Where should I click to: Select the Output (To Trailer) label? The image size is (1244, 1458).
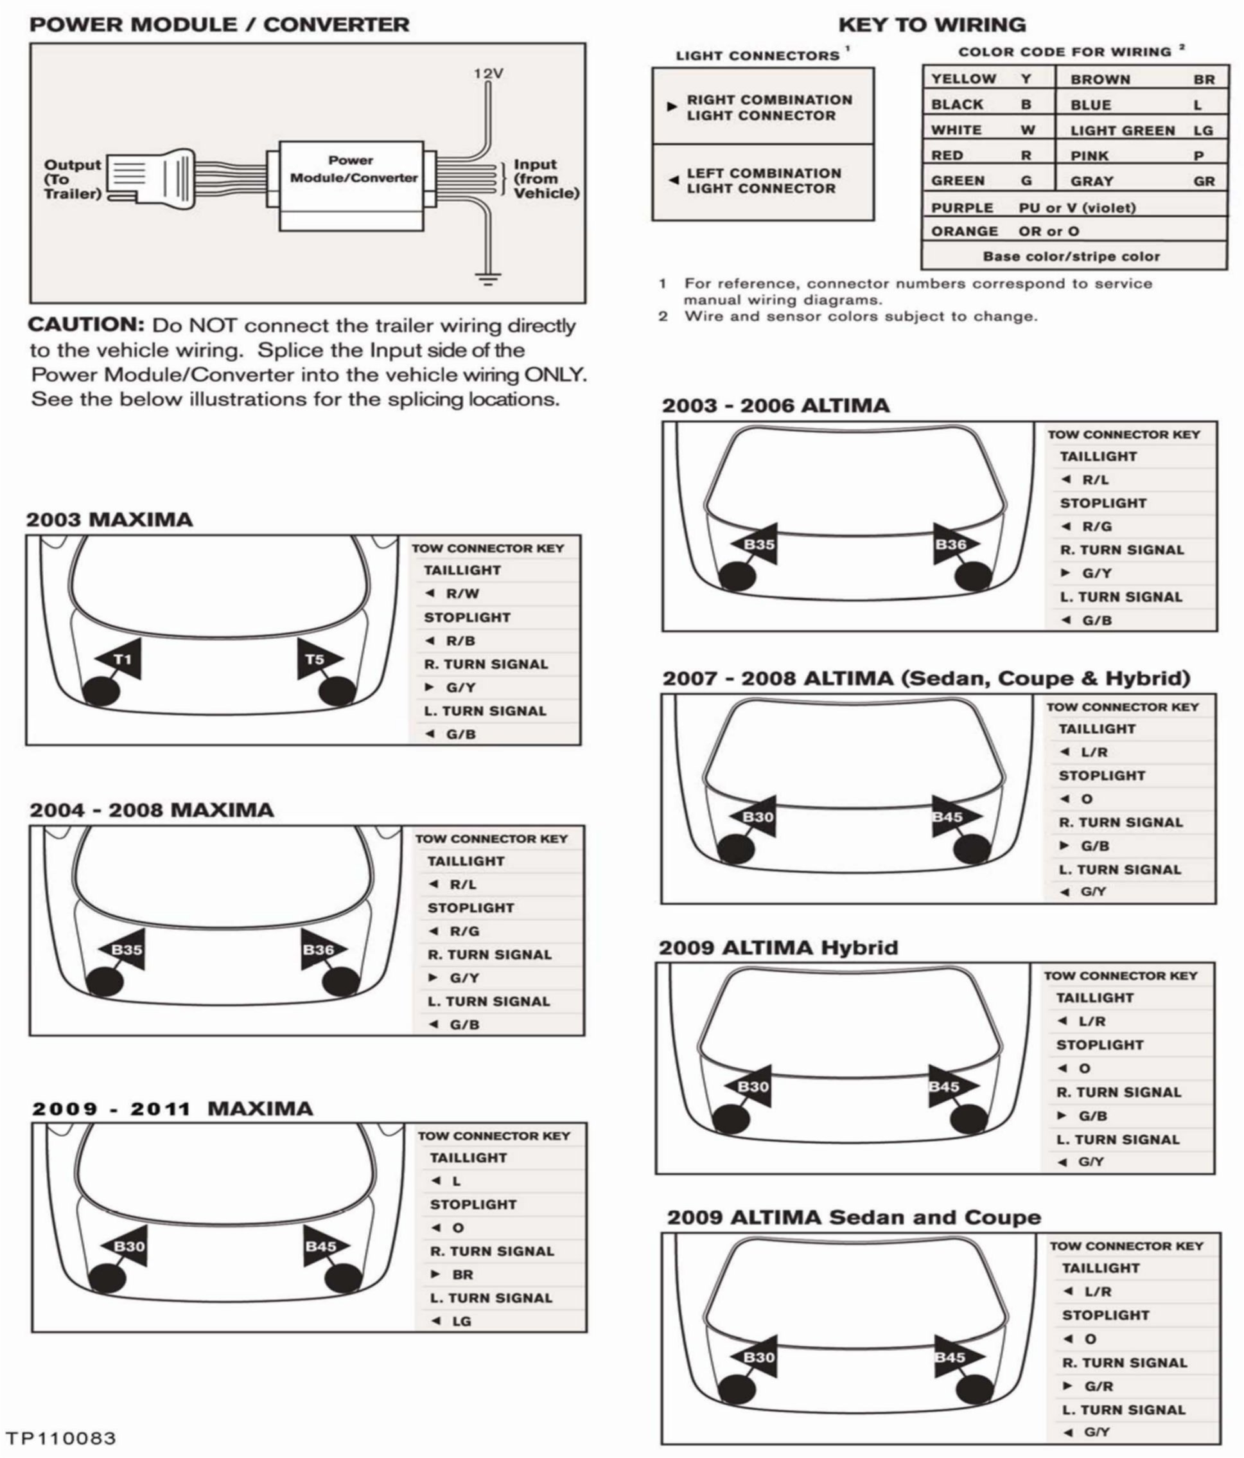(73, 179)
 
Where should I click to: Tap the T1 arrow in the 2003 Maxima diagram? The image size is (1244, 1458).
(121, 659)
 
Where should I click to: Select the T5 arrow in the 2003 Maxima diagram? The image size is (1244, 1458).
(317, 659)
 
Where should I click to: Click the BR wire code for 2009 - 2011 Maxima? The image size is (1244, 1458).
(462, 1274)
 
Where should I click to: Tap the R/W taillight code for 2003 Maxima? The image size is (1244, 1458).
(462, 594)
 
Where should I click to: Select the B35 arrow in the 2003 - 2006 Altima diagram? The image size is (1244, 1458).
(757, 544)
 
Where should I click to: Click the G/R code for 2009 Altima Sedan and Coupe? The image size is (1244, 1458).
(1098, 1386)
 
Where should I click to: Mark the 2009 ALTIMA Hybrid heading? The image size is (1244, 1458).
(778, 948)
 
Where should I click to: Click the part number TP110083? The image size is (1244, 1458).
(60, 1437)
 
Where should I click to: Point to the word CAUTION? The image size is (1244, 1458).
(85, 325)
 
